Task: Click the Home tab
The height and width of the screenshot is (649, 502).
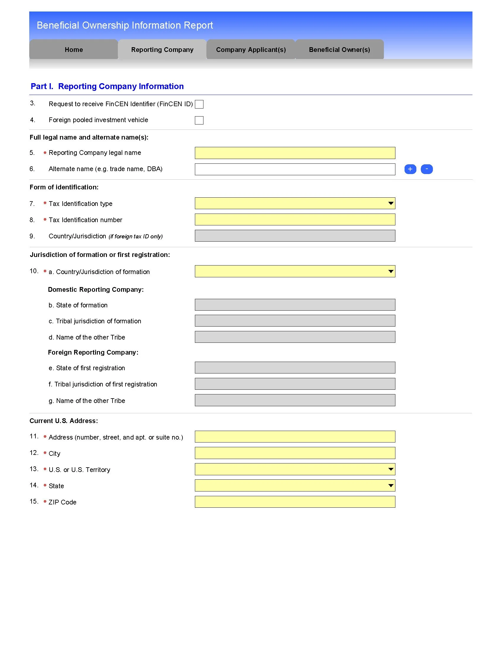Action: tap(74, 49)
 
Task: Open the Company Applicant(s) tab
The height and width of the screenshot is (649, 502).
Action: tap(251, 49)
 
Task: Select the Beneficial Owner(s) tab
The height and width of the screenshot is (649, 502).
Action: tap(339, 49)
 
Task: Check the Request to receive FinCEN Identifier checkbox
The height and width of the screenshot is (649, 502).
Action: tap(199, 104)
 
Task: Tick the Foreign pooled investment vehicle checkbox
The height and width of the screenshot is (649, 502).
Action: tap(199, 120)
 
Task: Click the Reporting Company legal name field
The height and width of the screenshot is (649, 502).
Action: tap(295, 153)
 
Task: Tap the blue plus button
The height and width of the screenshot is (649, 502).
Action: tap(410, 169)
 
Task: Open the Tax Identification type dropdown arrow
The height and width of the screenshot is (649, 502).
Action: tap(391, 203)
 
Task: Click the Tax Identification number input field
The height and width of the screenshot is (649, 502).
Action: tap(295, 219)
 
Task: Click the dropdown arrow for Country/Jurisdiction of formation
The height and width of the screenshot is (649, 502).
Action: tap(391, 271)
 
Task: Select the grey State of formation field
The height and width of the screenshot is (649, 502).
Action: tap(295, 305)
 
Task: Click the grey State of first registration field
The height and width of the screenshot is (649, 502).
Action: tap(295, 368)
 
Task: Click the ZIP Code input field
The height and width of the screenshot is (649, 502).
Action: tap(295, 501)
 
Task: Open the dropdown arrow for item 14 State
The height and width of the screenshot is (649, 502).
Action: tap(391, 486)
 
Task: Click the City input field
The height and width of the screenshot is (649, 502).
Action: tap(295, 453)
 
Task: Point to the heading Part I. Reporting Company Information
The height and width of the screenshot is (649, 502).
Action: tap(107, 86)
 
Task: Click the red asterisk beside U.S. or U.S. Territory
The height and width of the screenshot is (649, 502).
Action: tap(45, 469)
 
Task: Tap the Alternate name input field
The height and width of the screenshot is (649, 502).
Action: tap(295, 169)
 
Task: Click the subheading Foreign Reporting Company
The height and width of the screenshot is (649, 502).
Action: tap(93, 352)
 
